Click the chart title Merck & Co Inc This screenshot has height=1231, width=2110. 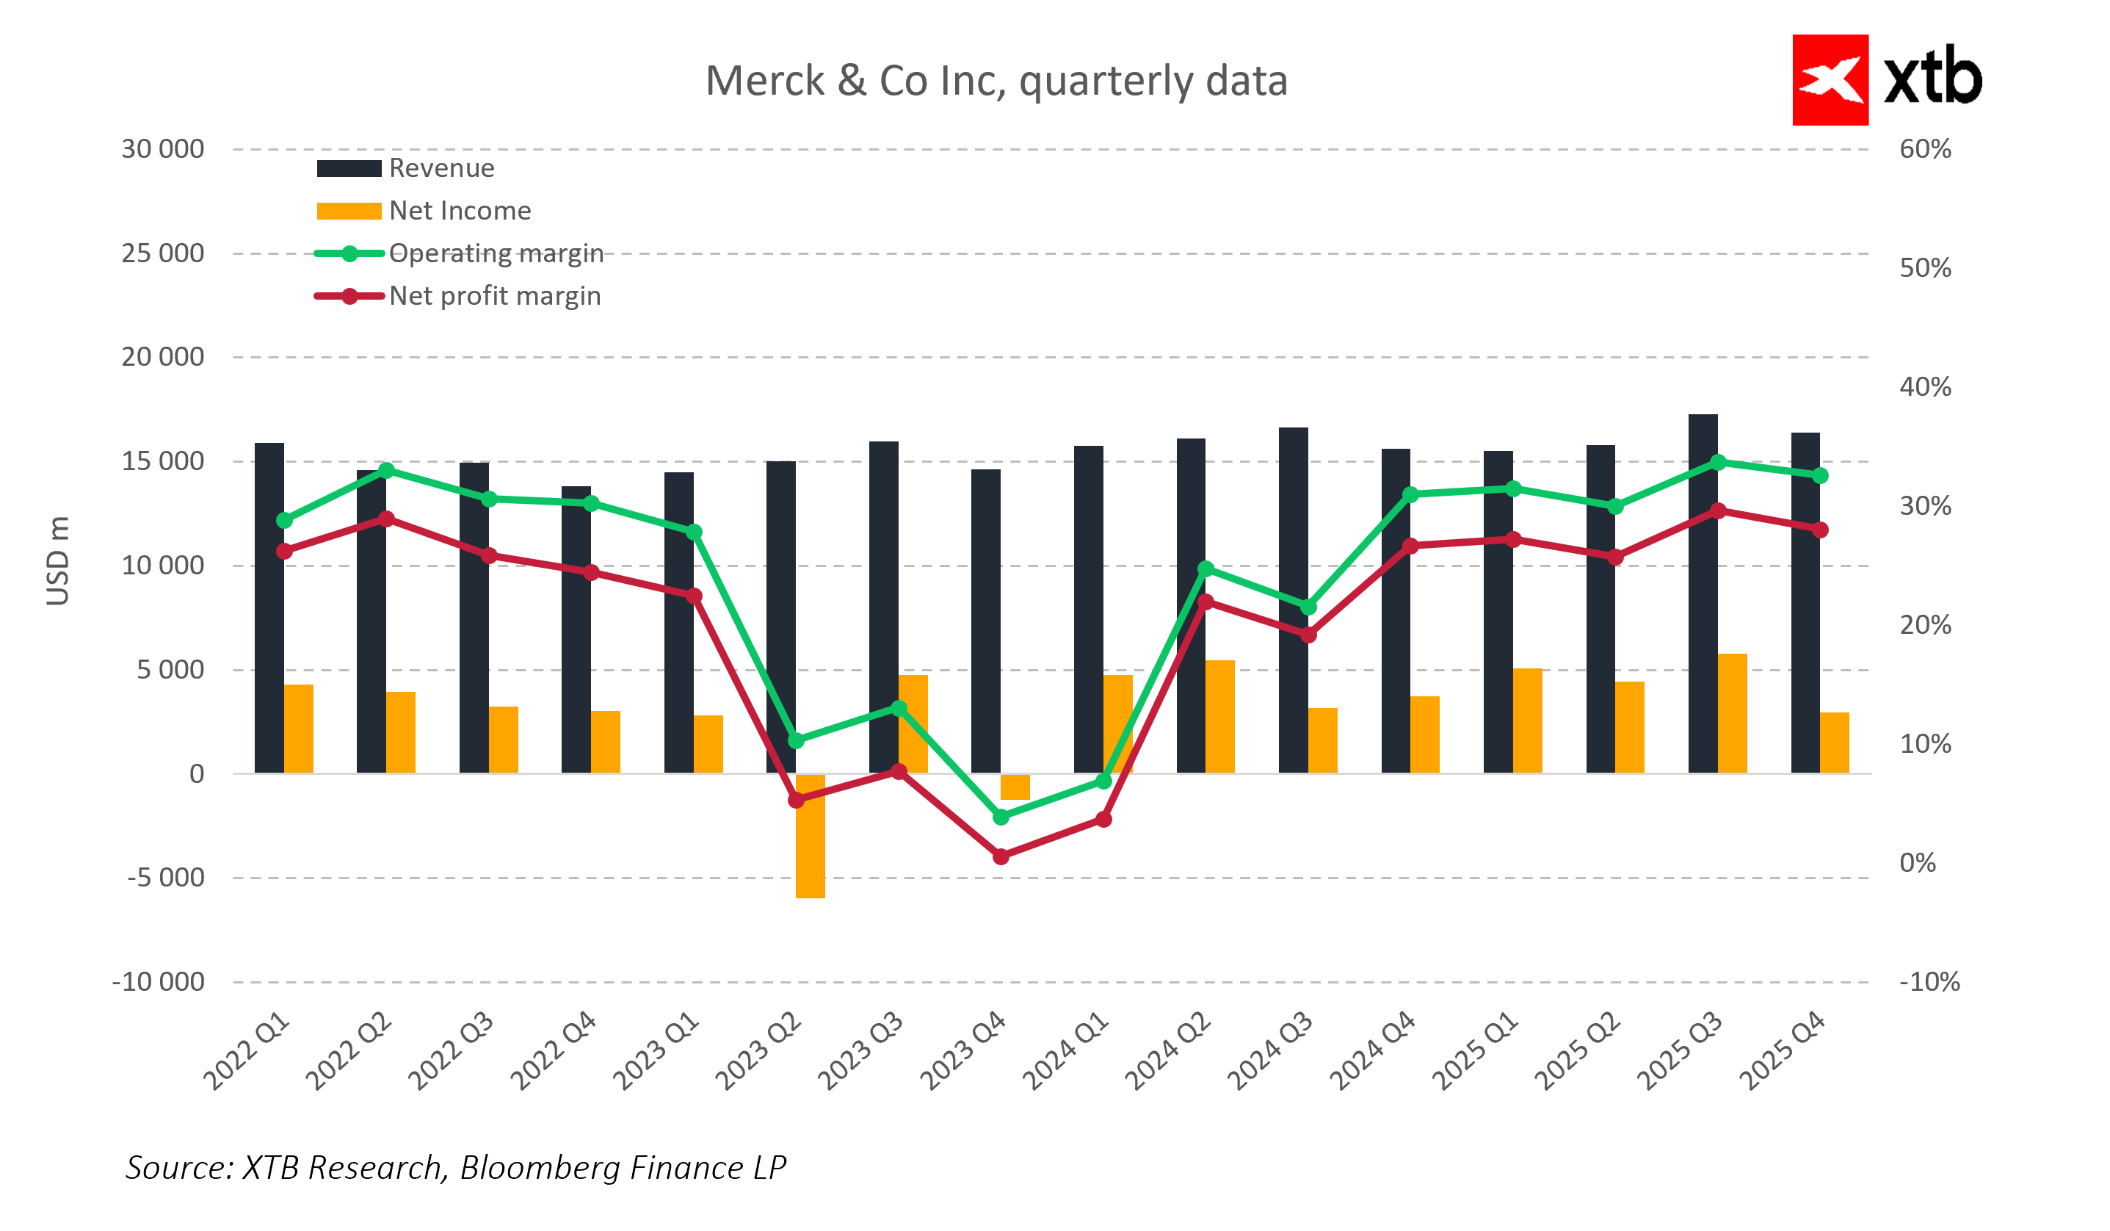pos(996,82)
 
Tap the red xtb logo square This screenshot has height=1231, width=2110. pos(1830,80)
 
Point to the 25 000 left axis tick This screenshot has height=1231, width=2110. pos(162,253)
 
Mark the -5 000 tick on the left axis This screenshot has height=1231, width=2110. pos(165,878)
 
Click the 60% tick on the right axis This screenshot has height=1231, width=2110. pos(1924,149)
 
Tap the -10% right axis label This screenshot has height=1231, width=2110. pos(1929,981)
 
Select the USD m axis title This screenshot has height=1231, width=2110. pos(58,560)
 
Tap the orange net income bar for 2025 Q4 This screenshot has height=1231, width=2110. pos(1834,743)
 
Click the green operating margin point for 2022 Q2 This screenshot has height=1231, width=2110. pos(386,471)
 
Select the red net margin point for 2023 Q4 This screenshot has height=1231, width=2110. pos(1001,856)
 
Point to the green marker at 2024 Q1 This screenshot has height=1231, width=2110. pos(1103,781)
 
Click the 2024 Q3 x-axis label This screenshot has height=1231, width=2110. pos(1269,1052)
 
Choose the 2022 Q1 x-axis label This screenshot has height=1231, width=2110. pos(245,1052)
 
